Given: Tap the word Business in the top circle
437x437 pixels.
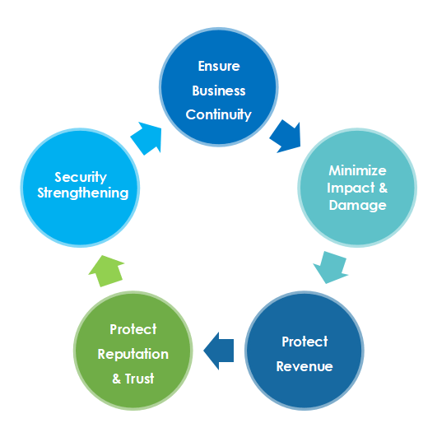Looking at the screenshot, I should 218,90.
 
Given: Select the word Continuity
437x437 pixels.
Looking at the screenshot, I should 218,114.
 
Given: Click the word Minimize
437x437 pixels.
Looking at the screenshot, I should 357,171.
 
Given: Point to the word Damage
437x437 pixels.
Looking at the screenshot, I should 357,205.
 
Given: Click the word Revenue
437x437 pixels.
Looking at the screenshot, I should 305,366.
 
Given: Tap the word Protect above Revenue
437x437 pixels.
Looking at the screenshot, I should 305,342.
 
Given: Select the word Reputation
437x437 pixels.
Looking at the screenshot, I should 133,354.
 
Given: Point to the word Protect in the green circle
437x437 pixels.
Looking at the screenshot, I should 133,329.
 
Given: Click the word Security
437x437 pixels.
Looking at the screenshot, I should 81,177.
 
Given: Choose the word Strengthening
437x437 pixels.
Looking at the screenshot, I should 81,193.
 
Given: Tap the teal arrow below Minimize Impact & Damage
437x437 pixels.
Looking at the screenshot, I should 332,265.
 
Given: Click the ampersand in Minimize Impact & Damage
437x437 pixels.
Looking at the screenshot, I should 379,188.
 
